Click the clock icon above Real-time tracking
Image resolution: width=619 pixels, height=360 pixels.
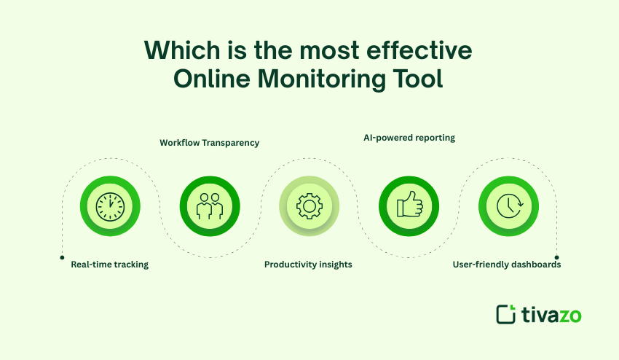pos(109,207)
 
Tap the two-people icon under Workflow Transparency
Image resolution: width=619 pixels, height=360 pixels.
pos(209,207)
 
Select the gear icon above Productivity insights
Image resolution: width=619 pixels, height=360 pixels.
pos(309,207)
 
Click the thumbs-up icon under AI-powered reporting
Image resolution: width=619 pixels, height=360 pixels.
pos(409,207)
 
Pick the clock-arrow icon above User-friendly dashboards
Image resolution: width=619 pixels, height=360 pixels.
pos(508,207)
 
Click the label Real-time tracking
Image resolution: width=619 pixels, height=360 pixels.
pos(109,265)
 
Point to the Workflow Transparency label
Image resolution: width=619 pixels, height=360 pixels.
pos(209,143)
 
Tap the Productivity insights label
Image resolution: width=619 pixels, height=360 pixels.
pos(308,265)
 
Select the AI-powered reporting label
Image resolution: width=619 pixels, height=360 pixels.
pos(409,138)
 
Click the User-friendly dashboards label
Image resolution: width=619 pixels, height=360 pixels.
pos(508,265)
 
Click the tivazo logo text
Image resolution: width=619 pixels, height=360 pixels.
pos(551,314)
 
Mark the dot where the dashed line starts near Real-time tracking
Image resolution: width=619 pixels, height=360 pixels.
pos(61,257)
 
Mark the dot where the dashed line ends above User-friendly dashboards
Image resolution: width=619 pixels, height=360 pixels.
pos(556,257)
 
